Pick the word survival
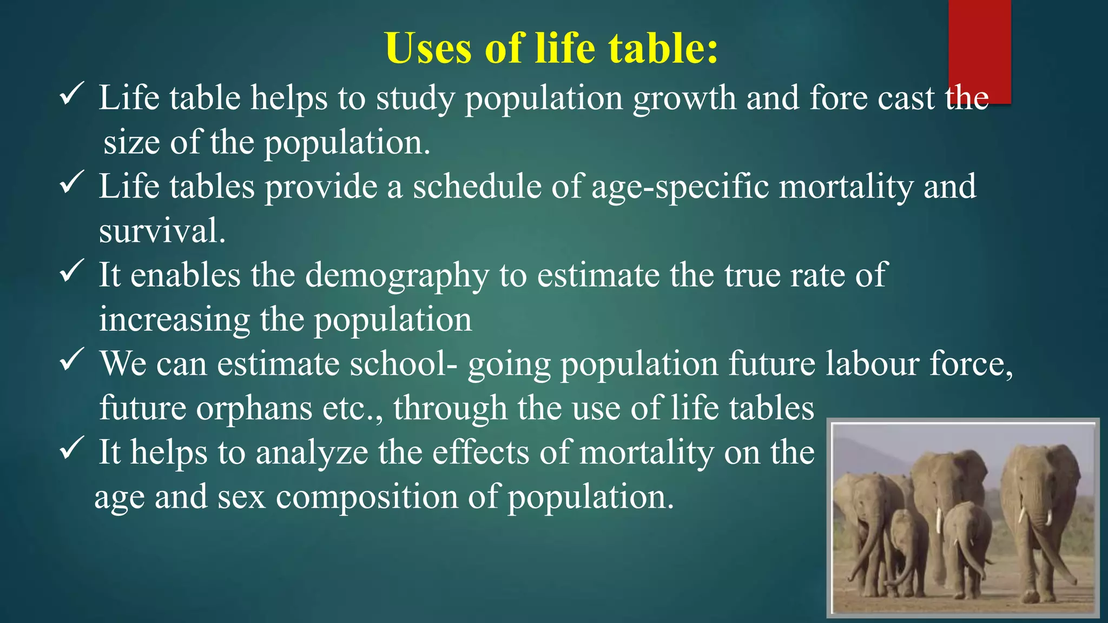tap(162, 231)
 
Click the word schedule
tap(477, 187)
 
